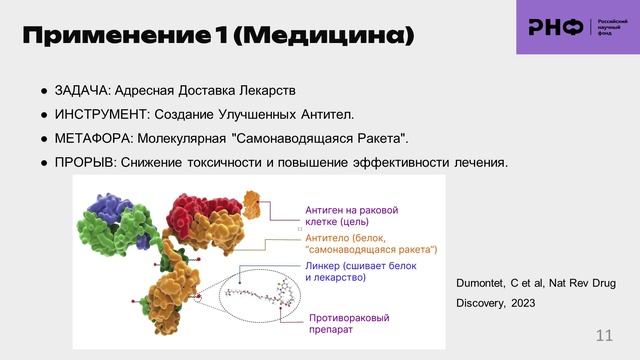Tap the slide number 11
[x=604, y=334]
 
